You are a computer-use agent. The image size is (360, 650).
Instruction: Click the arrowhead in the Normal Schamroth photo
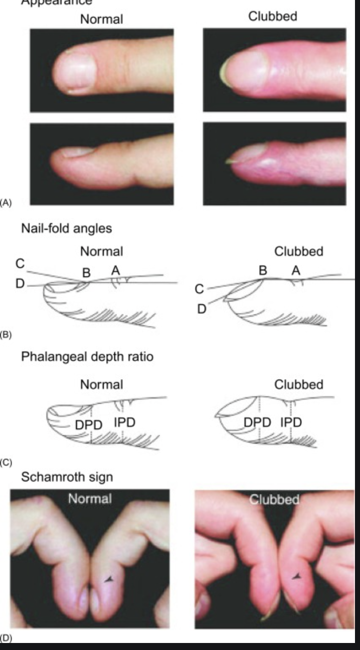[109, 579]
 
